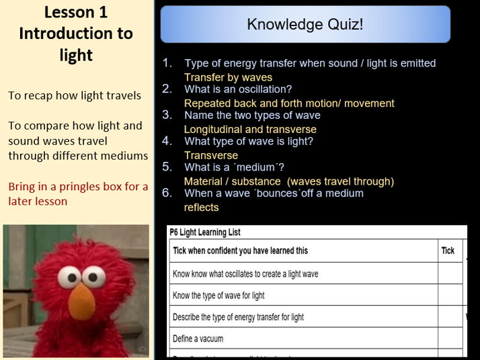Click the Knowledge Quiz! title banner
point(305,25)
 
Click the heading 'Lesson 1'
point(76,12)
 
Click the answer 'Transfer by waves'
point(228,77)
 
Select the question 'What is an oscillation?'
point(238,89)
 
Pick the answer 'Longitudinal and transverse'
point(250,130)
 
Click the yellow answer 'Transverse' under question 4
point(211,155)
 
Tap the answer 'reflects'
point(201,208)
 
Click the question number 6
point(167,193)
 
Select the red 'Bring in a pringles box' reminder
point(78,193)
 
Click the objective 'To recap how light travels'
point(75,95)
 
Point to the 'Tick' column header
point(448,251)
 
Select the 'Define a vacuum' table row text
point(198,339)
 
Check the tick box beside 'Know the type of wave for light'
point(450,296)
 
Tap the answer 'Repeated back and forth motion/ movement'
point(289,103)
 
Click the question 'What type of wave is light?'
point(249,142)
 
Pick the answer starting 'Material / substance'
point(288,181)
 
